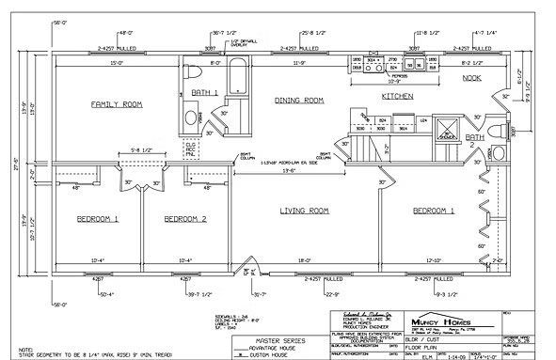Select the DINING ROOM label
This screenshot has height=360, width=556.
(298, 100)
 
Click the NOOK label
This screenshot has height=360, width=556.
(470, 78)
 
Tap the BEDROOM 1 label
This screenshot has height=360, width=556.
(97, 219)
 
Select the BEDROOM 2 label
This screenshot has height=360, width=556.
(185, 219)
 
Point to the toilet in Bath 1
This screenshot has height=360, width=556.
(192, 72)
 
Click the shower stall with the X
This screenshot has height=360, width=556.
(447, 128)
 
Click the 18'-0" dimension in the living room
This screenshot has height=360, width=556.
(303, 260)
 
